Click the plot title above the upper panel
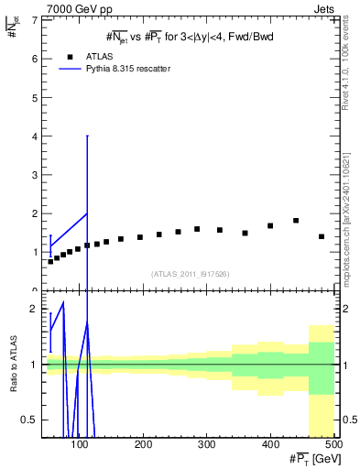coord(190,36)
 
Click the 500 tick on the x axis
coord(333,444)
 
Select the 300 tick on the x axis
coord(206,444)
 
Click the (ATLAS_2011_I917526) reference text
coord(190,274)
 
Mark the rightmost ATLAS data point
coord(322,236)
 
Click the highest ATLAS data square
coord(296,221)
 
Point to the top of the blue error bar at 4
coord(87,136)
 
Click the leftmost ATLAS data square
coord(50,262)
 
